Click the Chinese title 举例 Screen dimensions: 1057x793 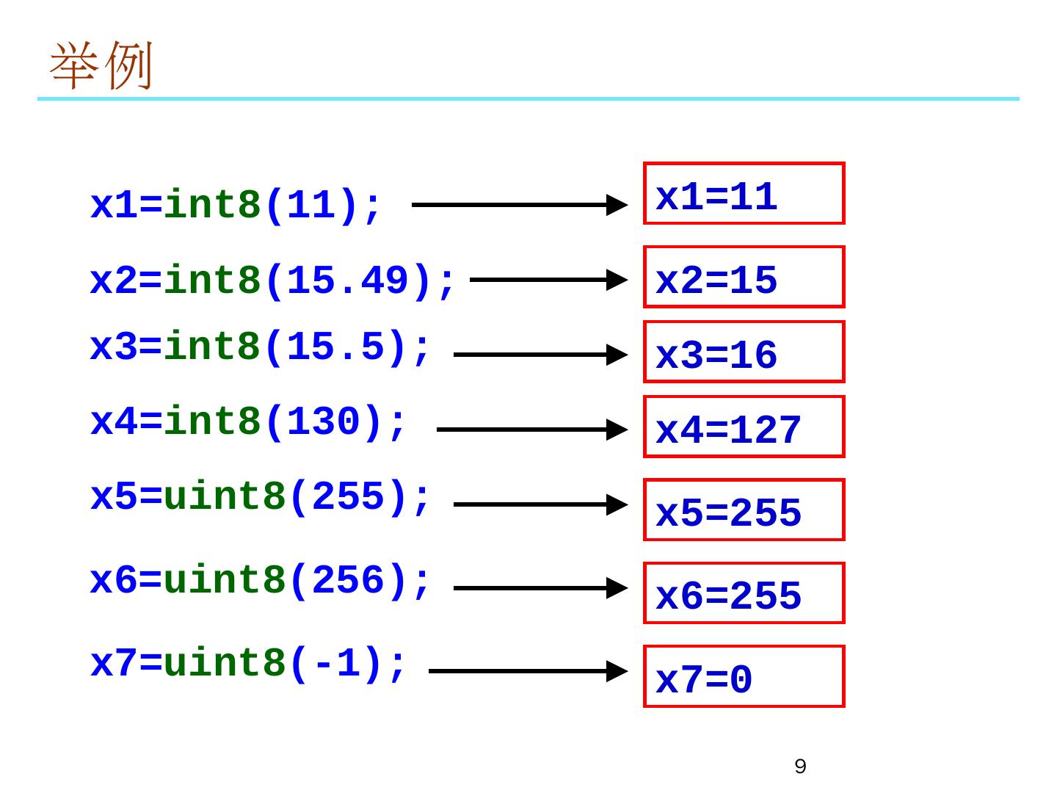click(x=101, y=65)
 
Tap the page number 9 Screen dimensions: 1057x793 click(x=800, y=766)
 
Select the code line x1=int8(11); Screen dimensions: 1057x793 click(x=236, y=206)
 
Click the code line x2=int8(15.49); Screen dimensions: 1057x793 click(x=272, y=280)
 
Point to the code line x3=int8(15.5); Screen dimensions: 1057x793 click(x=260, y=347)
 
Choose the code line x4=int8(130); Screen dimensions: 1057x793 click(x=247, y=422)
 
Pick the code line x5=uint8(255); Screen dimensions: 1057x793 click(x=260, y=497)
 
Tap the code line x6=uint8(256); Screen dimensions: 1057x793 click(x=260, y=580)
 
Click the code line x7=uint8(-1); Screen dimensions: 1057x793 click(x=247, y=664)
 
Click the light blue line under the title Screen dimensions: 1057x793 click(x=528, y=98)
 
